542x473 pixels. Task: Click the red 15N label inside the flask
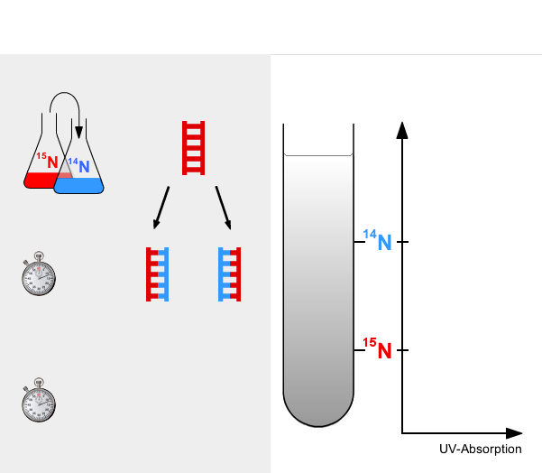point(48,160)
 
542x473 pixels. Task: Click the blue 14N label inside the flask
point(78,165)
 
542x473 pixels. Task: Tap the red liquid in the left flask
point(41,180)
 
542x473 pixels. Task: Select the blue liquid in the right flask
point(78,186)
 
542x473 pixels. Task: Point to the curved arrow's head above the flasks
point(78,133)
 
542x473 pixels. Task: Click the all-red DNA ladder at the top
point(193,148)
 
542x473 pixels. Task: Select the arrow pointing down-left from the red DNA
point(161,208)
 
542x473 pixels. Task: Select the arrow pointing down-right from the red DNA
point(224,208)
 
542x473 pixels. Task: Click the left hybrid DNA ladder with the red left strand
point(157,274)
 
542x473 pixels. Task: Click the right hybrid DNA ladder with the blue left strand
point(230,274)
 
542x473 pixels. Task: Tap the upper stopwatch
point(39,274)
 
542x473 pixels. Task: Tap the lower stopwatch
point(39,400)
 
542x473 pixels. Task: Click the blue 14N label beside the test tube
point(377,239)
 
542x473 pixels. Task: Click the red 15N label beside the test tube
point(377,348)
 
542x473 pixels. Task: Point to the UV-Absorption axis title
point(481,449)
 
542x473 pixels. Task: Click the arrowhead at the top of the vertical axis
point(402,130)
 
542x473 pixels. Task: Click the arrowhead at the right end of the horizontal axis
point(514,433)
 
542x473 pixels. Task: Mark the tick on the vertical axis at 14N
point(403,242)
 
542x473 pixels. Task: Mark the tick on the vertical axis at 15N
point(403,350)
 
